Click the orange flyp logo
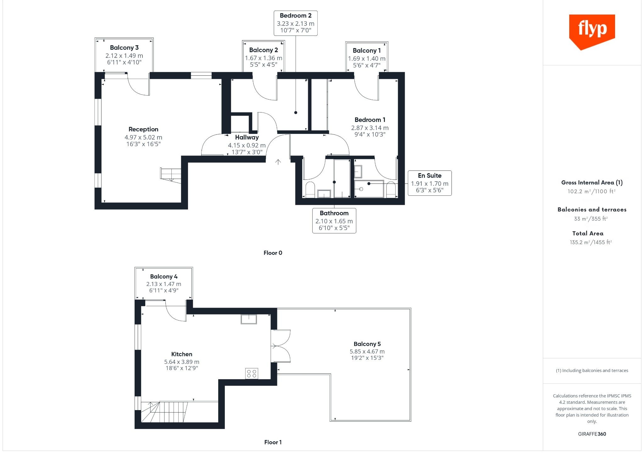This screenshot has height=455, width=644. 592,32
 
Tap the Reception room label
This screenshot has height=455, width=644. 143,129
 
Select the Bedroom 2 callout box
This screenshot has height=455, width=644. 296,23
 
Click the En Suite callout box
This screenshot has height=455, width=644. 430,183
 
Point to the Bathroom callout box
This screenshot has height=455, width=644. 334,221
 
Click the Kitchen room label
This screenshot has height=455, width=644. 182,354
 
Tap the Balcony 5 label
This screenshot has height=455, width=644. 367,344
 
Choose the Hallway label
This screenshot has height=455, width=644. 247,137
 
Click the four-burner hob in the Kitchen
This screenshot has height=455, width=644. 252,373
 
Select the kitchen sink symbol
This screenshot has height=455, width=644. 249,319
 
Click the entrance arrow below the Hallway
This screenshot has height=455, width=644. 278,162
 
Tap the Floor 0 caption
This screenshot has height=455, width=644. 273,253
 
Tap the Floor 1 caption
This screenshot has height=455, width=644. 273,442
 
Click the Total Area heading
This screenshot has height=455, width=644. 588,233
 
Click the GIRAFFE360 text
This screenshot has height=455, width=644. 592,434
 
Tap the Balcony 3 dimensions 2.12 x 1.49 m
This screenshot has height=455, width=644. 124,56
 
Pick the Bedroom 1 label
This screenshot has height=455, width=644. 370,120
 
